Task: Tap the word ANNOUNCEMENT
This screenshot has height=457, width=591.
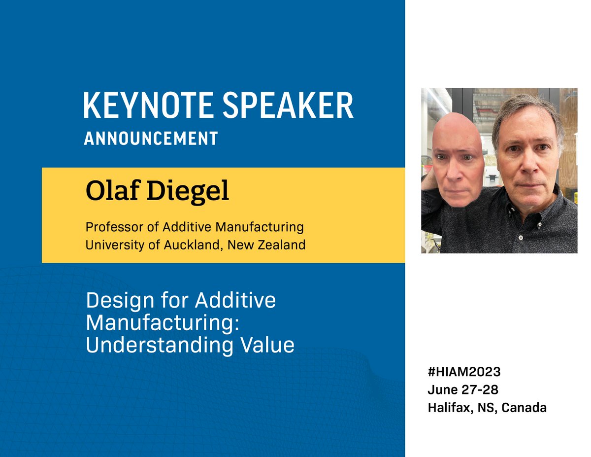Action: tap(151, 139)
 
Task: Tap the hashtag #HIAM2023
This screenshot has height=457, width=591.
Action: tap(464, 371)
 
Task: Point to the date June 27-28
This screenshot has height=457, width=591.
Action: tap(463, 389)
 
